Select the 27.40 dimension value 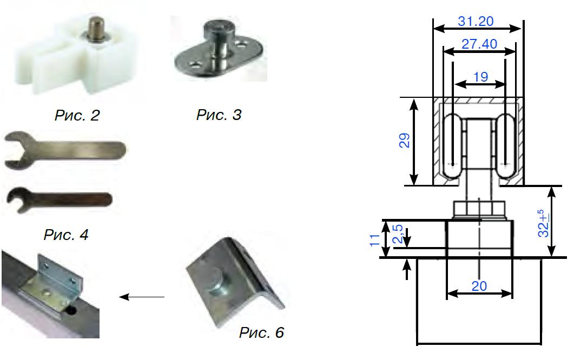coord(479,44)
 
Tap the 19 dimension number coord(479,77)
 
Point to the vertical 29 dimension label coord(405,141)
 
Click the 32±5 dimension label coord(544,224)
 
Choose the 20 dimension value coord(479,286)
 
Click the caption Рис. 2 coord(77,115)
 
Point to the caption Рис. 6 coord(261,332)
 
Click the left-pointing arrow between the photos coord(141,297)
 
